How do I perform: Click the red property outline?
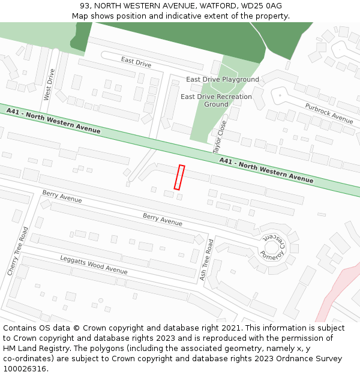[179, 177]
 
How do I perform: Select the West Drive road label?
[49, 85]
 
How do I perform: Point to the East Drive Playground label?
[223, 79]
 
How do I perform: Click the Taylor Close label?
[220, 137]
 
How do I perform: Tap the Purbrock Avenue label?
[329, 113]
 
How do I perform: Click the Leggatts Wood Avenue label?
[94, 264]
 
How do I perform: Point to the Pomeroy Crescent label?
[275, 246]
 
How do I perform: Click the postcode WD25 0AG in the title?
[265, 6]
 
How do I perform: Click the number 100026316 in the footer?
[25, 369]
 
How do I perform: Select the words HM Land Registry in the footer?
[34, 349]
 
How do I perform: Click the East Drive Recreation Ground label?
[216, 100]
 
